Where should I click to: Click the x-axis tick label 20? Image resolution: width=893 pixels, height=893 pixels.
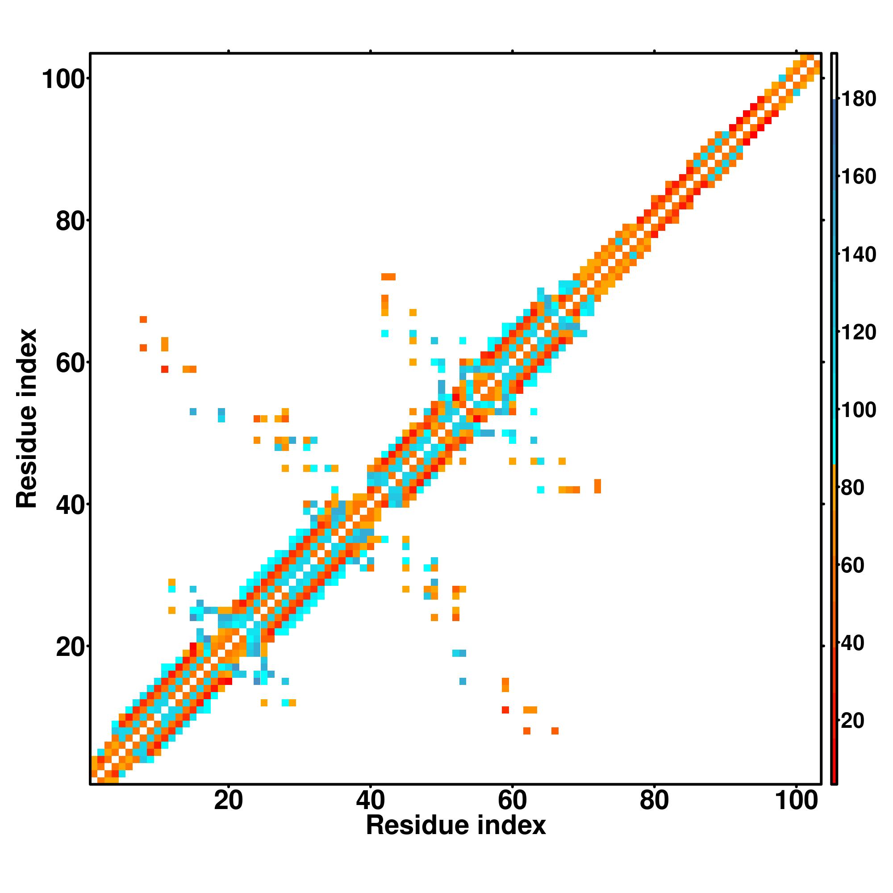[x=228, y=801]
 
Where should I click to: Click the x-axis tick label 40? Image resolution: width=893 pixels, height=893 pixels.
[x=370, y=801]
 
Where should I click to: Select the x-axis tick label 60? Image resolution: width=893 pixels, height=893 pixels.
[x=512, y=801]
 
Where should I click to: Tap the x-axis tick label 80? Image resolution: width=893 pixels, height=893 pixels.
[x=654, y=801]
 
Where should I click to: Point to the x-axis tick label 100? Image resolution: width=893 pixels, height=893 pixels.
[x=796, y=801]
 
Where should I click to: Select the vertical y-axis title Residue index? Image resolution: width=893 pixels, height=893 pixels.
[x=26, y=418]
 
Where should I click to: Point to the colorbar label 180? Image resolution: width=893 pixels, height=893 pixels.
[x=858, y=99]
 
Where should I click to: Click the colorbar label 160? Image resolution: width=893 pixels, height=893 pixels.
[x=858, y=176]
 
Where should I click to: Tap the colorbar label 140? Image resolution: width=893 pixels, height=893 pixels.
[x=858, y=254]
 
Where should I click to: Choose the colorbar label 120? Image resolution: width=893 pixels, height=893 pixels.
[x=858, y=332]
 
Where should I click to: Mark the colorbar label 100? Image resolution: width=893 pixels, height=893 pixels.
[x=858, y=409]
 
